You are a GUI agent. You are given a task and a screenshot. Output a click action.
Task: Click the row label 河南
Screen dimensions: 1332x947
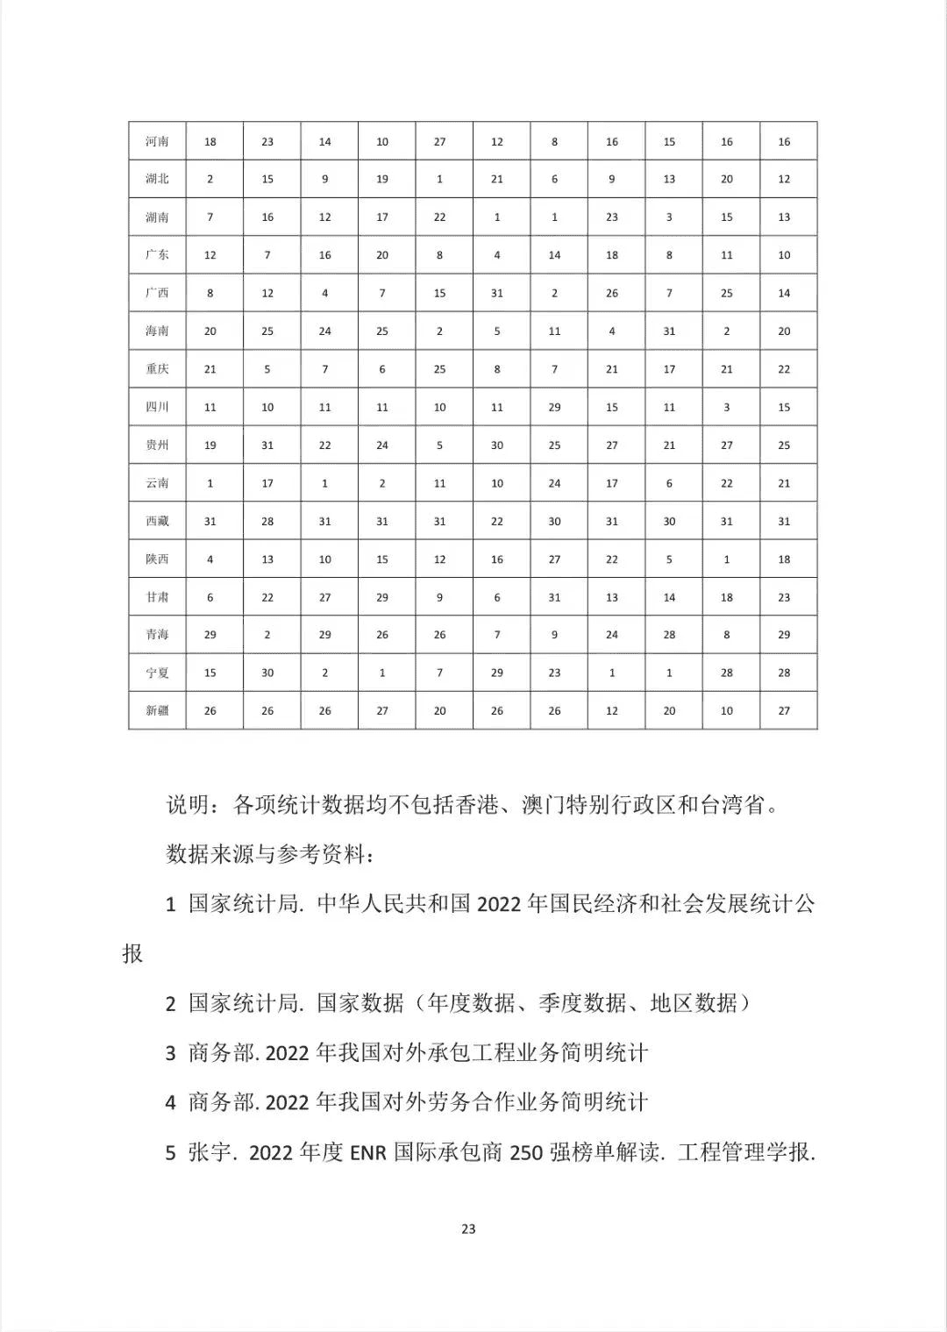click(158, 141)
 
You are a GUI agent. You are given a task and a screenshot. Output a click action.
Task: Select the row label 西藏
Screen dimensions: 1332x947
click(158, 521)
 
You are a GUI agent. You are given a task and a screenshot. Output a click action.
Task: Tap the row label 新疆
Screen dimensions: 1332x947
click(158, 710)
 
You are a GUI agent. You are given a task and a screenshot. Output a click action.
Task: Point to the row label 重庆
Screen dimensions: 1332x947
click(158, 369)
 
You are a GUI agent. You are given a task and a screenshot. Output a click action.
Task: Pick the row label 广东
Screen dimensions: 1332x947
click(158, 255)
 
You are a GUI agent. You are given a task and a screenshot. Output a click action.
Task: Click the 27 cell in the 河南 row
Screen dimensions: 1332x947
click(439, 141)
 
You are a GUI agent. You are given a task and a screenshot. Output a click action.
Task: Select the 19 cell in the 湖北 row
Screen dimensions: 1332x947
click(382, 179)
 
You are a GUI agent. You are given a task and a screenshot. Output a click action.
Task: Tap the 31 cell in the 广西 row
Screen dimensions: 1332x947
click(497, 293)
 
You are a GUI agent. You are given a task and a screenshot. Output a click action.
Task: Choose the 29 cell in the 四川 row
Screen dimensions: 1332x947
click(554, 407)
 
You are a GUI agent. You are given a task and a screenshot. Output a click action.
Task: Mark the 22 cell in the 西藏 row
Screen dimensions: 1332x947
click(497, 521)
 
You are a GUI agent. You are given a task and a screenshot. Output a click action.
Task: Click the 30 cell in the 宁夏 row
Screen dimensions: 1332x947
click(267, 673)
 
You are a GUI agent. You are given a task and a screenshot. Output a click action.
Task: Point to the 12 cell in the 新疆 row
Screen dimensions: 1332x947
click(612, 710)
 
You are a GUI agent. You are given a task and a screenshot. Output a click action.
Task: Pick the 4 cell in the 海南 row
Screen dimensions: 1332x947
click(612, 331)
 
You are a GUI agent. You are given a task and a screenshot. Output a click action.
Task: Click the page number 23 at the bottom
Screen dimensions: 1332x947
click(468, 1229)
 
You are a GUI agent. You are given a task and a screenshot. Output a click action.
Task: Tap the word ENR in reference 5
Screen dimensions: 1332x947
click(368, 1152)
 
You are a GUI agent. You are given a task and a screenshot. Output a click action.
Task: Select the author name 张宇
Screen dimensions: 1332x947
click(210, 1152)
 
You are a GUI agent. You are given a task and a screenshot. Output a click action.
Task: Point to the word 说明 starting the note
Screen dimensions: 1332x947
click(188, 804)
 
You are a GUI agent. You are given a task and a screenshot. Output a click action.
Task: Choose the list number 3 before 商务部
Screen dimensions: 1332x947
click(171, 1053)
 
